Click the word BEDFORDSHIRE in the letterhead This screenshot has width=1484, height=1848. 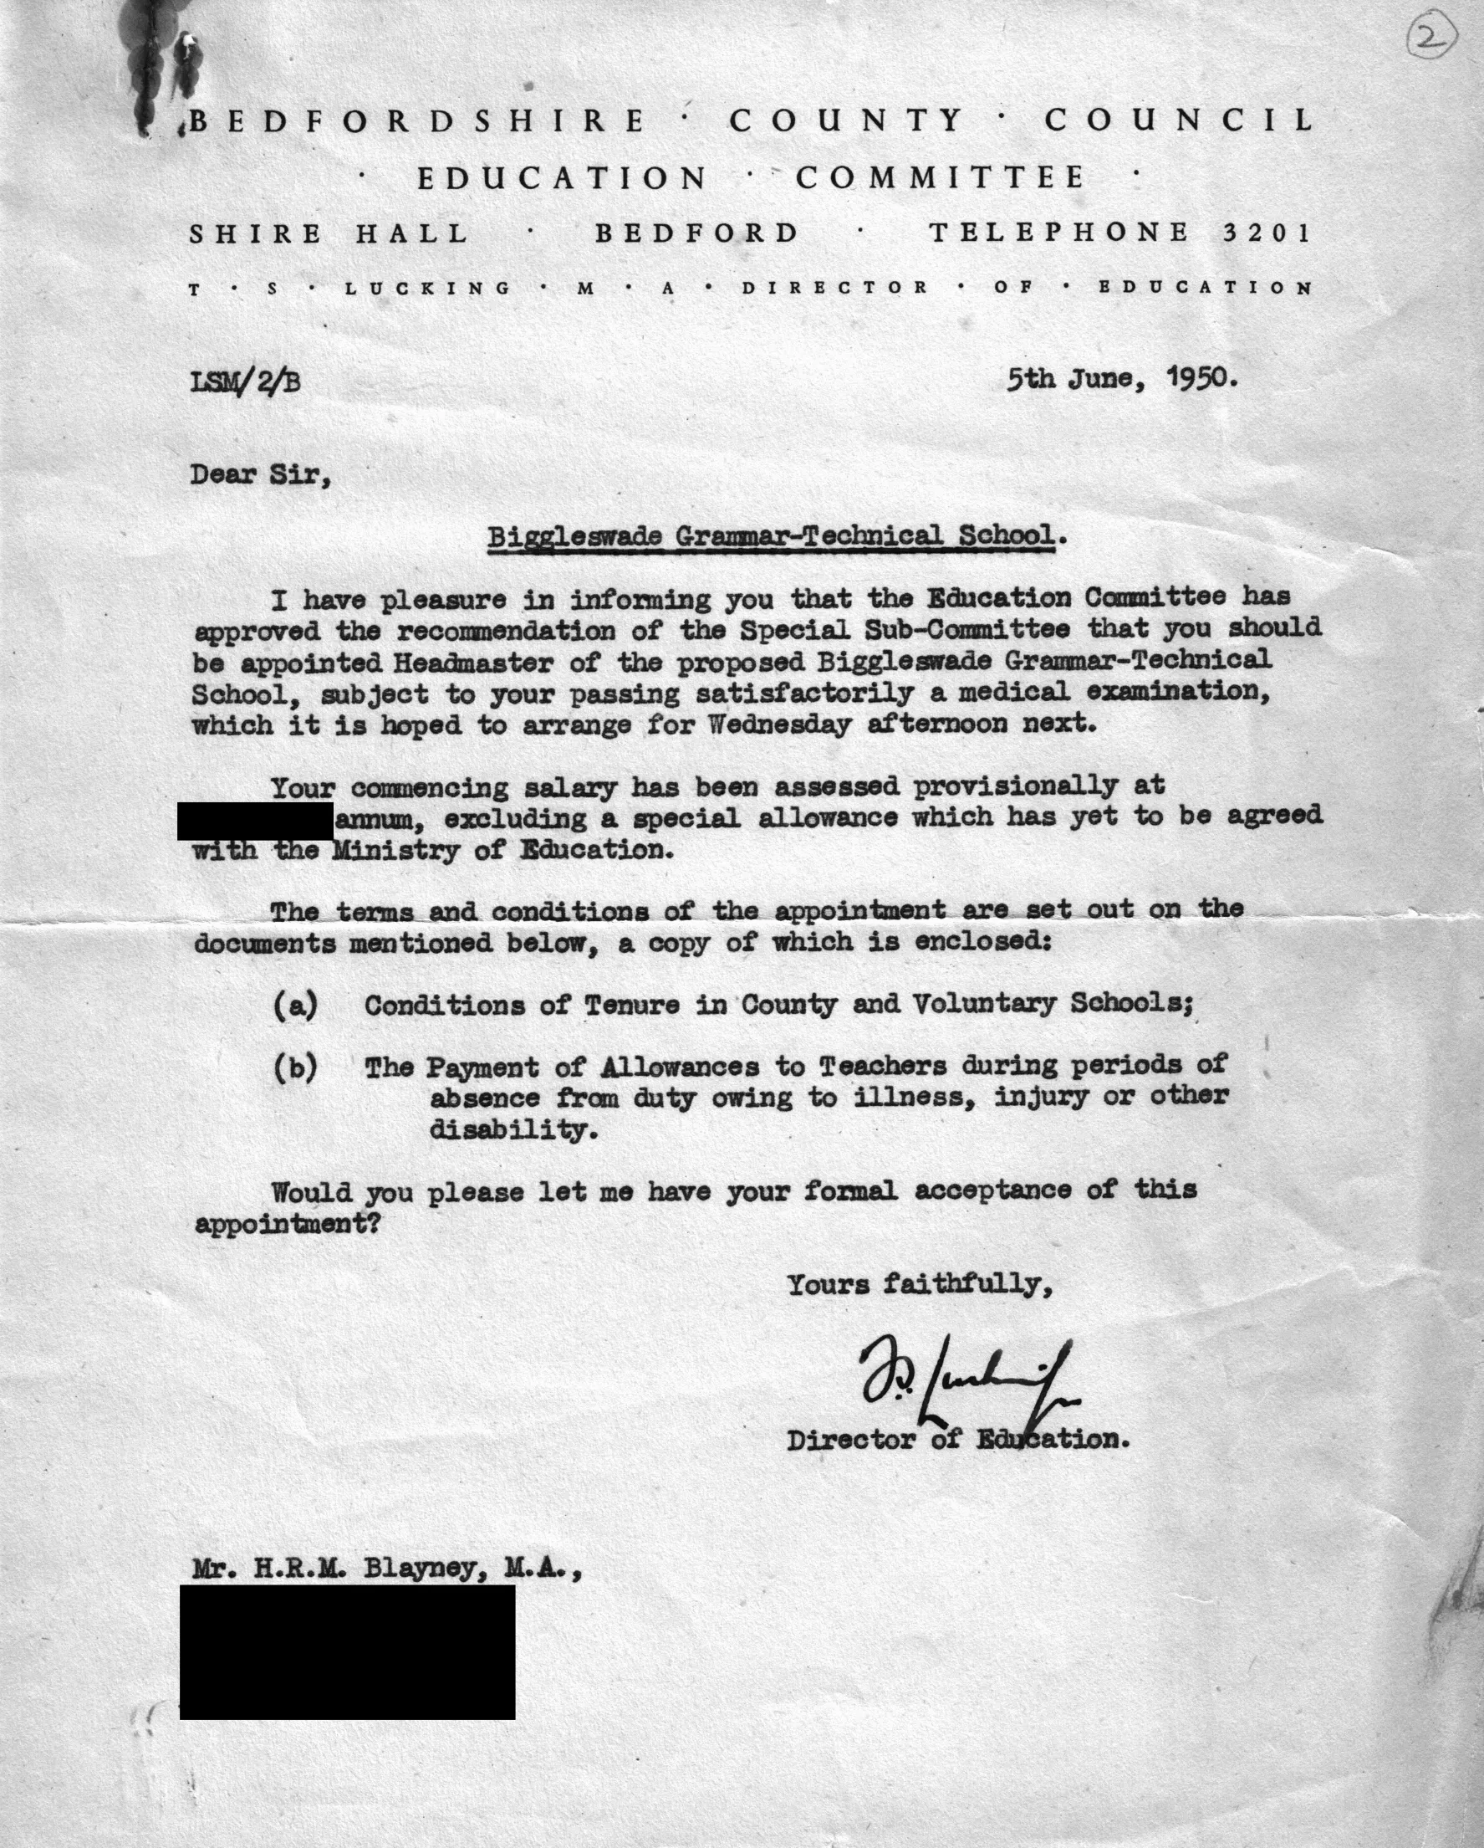(417, 120)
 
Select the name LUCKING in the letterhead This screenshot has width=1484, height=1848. (428, 288)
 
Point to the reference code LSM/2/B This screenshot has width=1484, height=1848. (245, 381)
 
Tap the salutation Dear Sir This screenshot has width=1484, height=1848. (261, 474)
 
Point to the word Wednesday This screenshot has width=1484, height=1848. (780, 725)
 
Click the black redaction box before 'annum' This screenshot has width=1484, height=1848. (255, 822)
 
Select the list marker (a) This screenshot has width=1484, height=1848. (295, 1005)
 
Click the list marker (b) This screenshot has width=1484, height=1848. (295, 1068)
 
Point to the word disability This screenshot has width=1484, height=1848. (513, 1129)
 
